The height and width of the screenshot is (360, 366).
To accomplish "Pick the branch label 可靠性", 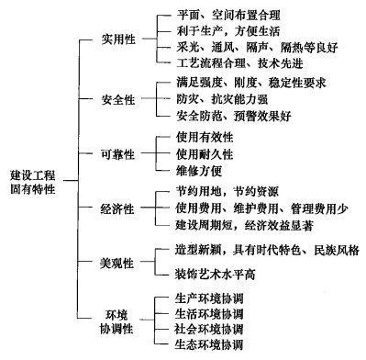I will tap(120, 152).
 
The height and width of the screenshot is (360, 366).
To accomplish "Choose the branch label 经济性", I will tap(120, 210).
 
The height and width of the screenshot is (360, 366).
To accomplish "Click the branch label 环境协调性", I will tap(120, 321).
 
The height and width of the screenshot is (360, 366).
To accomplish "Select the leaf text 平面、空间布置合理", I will tap(227, 16).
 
